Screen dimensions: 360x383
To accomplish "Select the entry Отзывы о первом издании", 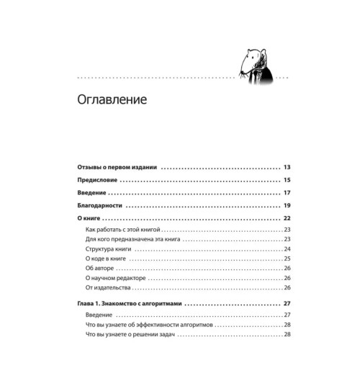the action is click(x=117, y=166).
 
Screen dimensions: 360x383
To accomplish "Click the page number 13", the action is click(x=286, y=166).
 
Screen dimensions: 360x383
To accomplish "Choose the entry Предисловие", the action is click(x=96, y=179).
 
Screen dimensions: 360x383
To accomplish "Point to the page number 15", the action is click(x=286, y=179).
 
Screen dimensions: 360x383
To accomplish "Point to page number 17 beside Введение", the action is click(x=286, y=193).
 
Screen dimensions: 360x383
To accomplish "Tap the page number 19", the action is click(x=286, y=206).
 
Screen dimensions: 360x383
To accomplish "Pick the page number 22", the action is click(x=286, y=219).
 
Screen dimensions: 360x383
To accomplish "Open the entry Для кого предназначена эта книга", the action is click(x=132, y=238).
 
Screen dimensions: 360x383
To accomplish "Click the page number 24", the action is click(x=287, y=248).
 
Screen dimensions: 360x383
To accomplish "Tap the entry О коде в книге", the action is click(x=106, y=258).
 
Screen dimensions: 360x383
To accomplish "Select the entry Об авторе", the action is click(x=99, y=268).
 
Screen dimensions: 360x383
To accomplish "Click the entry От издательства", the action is click(x=107, y=287).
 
